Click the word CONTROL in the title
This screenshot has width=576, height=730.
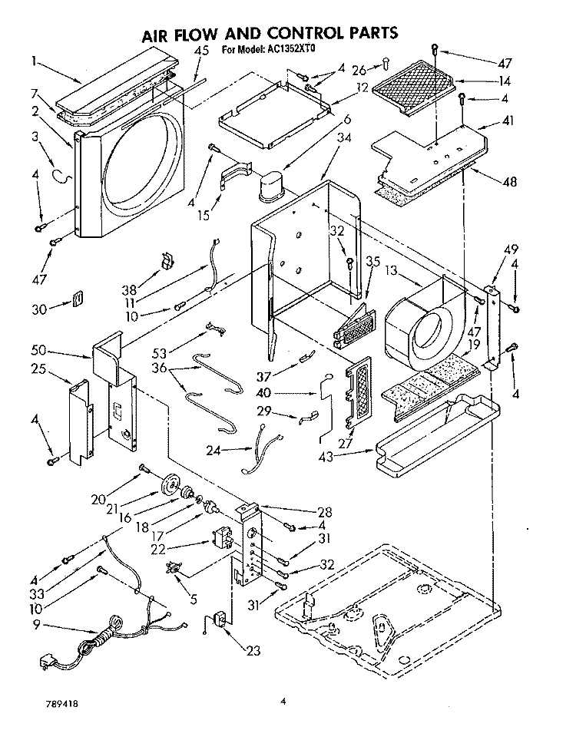pyautogui.click(x=305, y=33)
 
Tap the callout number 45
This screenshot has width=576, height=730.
pyautogui.click(x=201, y=51)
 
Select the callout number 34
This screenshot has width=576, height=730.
pyautogui.click(x=344, y=138)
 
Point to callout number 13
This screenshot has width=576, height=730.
pyautogui.click(x=392, y=270)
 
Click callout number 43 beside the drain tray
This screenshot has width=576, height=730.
pyautogui.click(x=326, y=457)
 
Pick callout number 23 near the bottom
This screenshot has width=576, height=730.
pyautogui.click(x=253, y=650)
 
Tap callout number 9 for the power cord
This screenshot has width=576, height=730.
pyautogui.click(x=37, y=625)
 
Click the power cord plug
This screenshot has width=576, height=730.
pyautogui.click(x=45, y=662)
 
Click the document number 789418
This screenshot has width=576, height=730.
pyautogui.click(x=62, y=703)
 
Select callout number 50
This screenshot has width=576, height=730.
pyautogui.click(x=38, y=349)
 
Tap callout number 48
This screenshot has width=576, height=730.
pyautogui.click(x=510, y=181)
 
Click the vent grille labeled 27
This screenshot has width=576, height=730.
pyautogui.click(x=359, y=392)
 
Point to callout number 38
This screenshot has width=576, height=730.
pyautogui.click(x=129, y=289)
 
